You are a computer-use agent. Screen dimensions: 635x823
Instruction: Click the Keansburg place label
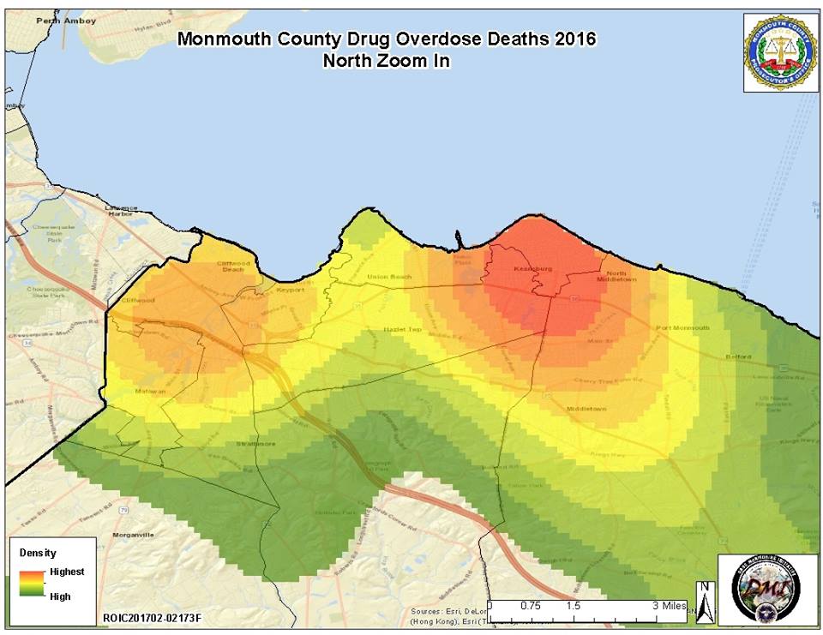pos(529,269)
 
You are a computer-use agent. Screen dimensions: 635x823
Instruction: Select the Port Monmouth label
pos(682,328)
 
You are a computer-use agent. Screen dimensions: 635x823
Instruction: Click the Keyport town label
pos(291,291)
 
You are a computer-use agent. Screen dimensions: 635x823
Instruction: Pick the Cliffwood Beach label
pos(232,267)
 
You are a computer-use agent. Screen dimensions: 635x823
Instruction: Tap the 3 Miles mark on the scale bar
pos(669,606)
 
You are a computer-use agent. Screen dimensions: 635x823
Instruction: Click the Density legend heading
pos(33,554)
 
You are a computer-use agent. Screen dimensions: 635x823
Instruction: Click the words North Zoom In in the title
pos(385,61)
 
